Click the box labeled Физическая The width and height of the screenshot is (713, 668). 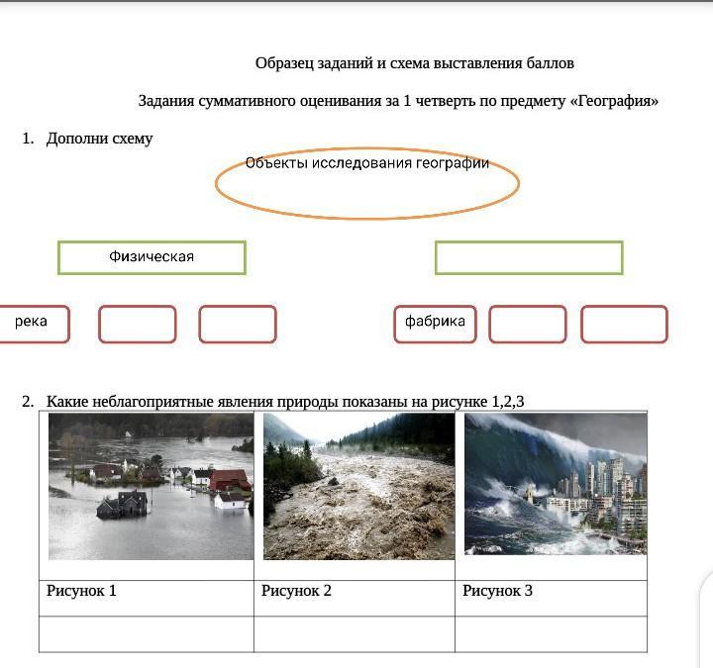click(x=152, y=257)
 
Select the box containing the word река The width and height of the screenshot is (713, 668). click(x=34, y=324)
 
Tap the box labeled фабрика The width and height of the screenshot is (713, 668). click(x=435, y=324)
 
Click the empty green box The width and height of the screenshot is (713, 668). click(x=529, y=257)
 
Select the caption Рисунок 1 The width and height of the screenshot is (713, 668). click(x=81, y=591)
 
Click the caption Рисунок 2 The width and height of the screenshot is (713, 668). click(x=296, y=591)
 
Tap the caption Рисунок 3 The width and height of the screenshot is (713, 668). click(x=497, y=591)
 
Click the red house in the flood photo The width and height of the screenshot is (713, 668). click(x=230, y=480)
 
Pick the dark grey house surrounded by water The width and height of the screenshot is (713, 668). click(x=123, y=504)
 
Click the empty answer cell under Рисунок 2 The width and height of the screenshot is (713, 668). click(x=355, y=634)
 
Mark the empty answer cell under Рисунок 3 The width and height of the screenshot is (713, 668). click(x=551, y=634)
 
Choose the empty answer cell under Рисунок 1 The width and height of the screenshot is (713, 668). click(x=147, y=634)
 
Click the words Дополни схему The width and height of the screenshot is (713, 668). click(x=100, y=139)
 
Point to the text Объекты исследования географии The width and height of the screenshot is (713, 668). click(x=367, y=162)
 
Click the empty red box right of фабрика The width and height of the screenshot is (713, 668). click(x=528, y=324)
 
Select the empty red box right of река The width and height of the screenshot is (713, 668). click(x=138, y=324)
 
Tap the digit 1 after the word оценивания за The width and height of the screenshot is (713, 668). click(x=407, y=100)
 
